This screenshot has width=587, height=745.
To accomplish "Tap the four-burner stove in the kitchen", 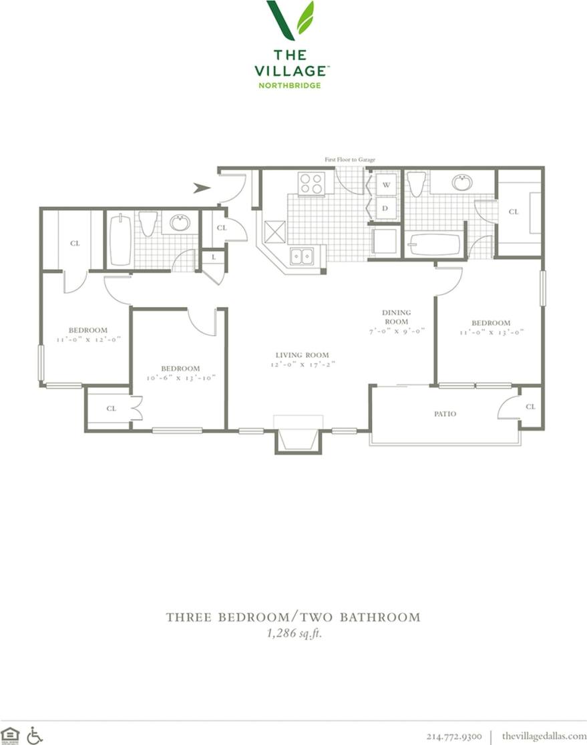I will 311,183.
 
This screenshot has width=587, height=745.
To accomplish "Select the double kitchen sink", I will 302,255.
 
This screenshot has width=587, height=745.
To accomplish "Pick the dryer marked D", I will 386,208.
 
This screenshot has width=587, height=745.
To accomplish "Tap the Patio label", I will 445,414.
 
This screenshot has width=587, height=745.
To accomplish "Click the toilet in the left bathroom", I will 148,223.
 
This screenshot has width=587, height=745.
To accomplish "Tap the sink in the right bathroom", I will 462,182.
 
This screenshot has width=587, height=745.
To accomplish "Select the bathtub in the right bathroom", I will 434,244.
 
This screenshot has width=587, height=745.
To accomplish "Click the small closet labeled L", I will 213,257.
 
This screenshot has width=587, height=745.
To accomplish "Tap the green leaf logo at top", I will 290,19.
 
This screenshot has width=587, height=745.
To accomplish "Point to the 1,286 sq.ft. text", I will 294,634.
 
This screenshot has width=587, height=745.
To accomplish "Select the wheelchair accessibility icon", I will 34,735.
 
